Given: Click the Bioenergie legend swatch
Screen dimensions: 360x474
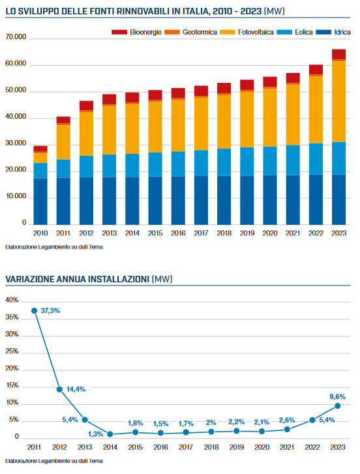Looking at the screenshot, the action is pos(119,32).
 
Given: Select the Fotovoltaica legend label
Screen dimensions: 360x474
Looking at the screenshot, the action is pos(256,32).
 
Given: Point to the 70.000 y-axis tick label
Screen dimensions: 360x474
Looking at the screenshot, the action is pos(16,37).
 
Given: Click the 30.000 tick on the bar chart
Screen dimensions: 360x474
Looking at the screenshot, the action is pos(16,143).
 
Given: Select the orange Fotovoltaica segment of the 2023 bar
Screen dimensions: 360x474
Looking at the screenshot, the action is pos(338,102).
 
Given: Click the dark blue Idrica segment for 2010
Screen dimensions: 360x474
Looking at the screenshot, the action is pos(40,201).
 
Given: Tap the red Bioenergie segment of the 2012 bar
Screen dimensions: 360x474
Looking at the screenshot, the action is pos(87,106).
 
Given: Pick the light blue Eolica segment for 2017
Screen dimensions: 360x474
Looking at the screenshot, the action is pos(201,163).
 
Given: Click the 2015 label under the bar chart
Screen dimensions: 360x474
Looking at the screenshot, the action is pos(155,233).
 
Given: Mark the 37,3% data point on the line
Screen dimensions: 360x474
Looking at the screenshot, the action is pos(34,311).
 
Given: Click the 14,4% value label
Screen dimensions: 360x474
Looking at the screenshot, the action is pos(76,389).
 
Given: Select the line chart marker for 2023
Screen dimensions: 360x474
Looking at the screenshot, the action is pos(338,406).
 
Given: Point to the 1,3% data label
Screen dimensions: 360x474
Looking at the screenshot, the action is pos(95,434).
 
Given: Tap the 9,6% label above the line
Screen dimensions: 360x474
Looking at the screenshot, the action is pos(337,396).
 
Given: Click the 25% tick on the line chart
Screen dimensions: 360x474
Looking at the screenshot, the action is pos(12,351).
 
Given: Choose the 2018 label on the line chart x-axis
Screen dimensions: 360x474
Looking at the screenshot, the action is pos(211,447).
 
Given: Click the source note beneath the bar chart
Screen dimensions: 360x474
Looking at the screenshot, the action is pos(53,247).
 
